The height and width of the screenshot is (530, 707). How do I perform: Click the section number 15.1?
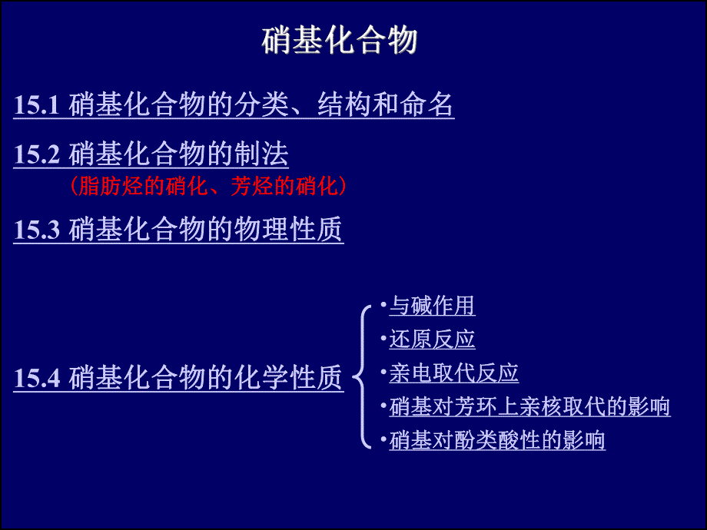click(37, 105)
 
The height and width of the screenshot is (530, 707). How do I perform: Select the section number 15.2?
click(37, 155)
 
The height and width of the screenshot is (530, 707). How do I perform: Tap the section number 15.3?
click(37, 230)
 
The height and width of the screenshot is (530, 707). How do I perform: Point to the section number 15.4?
click(37, 378)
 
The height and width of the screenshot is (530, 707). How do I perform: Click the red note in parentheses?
click(207, 185)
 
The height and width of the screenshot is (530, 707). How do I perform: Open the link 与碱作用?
click(432, 306)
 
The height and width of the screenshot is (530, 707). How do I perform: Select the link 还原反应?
click(432, 340)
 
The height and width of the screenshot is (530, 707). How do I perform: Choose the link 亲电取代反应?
click(453, 373)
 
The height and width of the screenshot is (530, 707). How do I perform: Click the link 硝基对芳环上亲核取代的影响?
click(529, 406)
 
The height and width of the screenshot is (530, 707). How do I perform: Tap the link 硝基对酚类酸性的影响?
click(497, 440)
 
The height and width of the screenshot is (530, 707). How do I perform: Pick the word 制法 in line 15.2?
click(261, 155)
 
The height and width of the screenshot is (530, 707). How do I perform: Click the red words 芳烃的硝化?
click(284, 185)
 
